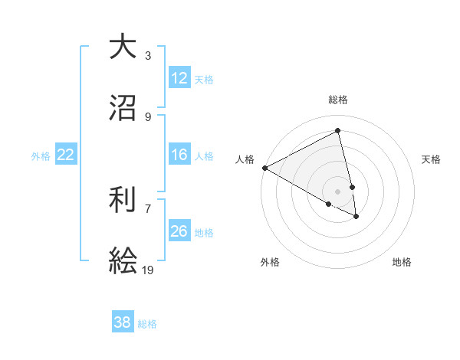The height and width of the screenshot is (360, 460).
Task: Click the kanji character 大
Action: pos(122,46)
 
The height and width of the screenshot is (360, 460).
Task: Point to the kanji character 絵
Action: pos(122,260)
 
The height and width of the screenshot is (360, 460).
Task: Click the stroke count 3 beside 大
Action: pos(148,55)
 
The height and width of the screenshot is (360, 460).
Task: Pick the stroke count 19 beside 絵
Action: pos(148,270)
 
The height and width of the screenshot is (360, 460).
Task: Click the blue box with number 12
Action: pos(179,78)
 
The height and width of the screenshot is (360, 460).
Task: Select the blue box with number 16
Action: pos(179,155)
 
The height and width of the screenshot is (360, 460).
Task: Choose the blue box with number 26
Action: pos(179,231)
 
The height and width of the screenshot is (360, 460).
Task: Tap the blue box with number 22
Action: pos(66,155)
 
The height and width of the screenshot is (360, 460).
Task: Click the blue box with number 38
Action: pos(123,322)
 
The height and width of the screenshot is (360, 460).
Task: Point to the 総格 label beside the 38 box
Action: pos(147,324)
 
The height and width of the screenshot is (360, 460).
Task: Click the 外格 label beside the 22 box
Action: pos(41,156)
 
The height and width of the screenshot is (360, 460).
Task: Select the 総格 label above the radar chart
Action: pos(338,100)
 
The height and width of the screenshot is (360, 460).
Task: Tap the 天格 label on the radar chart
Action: pos(432,159)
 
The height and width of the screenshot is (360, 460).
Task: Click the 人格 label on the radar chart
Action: pos(245,159)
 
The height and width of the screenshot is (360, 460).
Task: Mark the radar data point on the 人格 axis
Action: pos(264,168)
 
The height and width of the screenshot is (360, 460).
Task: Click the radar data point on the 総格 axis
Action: pos(338,131)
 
